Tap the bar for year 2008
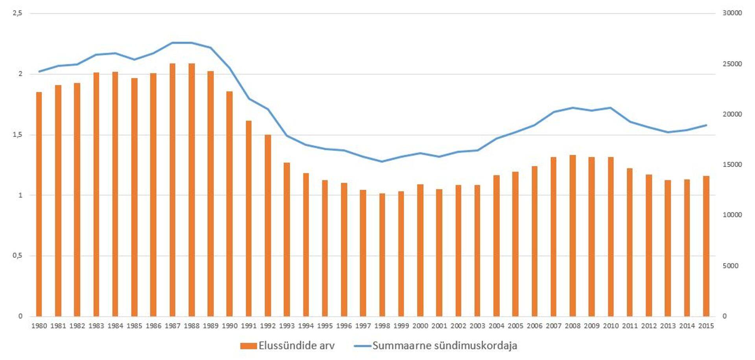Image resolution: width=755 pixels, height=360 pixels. click(x=573, y=235)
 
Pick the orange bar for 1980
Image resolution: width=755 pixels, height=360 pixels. click(x=39, y=204)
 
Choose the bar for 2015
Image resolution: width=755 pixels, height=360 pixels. click(x=706, y=246)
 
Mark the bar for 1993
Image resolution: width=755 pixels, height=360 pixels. click(x=287, y=239)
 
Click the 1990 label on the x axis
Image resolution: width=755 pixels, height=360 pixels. click(x=230, y=326)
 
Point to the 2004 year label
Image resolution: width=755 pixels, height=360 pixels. click(x=496, y=326)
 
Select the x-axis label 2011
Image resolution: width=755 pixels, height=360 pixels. click(x=630, y=326)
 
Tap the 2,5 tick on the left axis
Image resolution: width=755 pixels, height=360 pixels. click(x=17, y=13)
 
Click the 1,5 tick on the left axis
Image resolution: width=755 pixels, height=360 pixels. click(x=17, y=135)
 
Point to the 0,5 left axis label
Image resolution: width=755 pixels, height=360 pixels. click(x=17, y=256)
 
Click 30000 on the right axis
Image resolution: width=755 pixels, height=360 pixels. click(x=732, y=13)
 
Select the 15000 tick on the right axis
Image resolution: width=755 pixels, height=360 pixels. click(x=732, y=165)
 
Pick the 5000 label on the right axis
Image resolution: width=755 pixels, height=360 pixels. click(x=730, y=266)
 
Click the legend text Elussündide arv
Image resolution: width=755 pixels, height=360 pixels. click(x=296, y=346)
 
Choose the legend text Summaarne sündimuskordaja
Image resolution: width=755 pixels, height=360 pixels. click(x=444, y=346)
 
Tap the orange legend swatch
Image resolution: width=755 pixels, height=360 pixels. click(x=248, y=346)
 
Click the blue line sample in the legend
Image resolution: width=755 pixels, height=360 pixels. click(x=362, y=346)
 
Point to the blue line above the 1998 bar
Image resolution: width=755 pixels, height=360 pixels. click(x=382, y=161)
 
